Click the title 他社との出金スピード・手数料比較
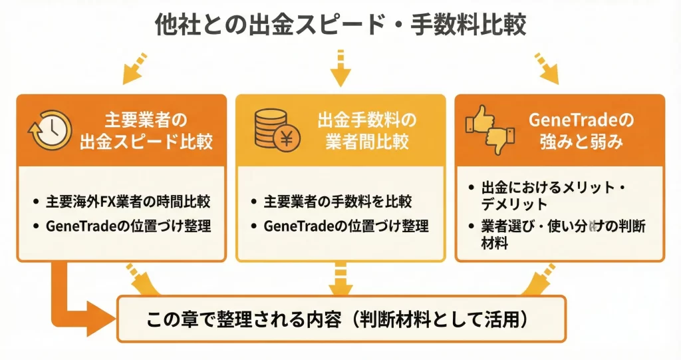coord(340,25)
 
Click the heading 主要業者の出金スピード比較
coord(147,131)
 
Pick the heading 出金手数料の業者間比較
coord(366,131)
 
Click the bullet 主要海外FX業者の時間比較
coord(126,200)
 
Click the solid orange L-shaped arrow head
coord(100,318)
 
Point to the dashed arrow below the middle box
coord(340,278)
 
